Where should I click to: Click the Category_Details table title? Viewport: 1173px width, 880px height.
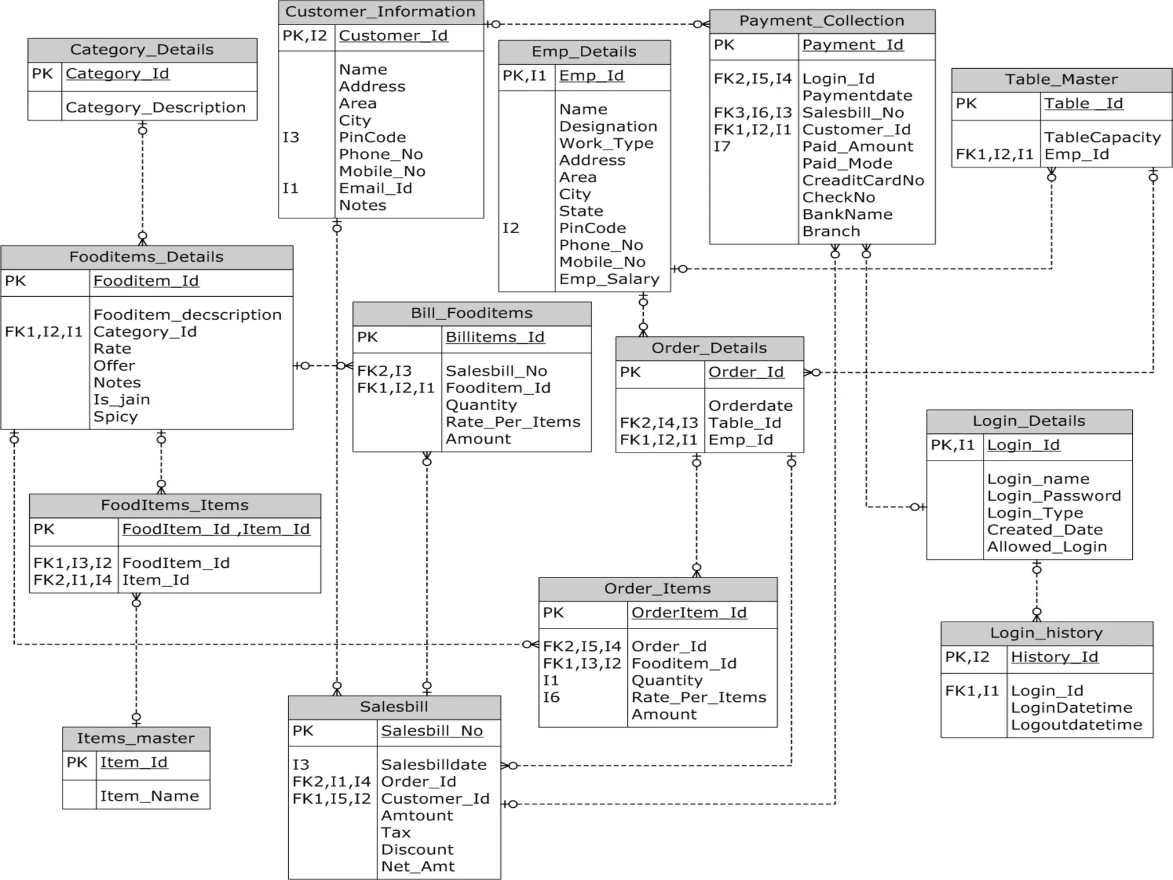(x=142, y=50)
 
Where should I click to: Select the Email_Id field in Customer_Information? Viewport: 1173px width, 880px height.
(x=375, y=188)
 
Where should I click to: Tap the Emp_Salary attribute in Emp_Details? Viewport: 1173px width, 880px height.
(x=609, y=279)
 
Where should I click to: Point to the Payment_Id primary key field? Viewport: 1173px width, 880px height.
(x=852, y=45)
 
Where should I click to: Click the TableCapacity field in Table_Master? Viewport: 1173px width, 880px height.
(x=1102, y=137)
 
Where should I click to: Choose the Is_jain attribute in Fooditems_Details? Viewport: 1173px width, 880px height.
(x=121, y=399)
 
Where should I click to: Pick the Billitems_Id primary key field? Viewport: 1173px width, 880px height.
(x=495, y=337)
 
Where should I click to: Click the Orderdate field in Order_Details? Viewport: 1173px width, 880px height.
(x=750, y=406)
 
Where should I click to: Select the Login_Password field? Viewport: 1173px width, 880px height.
(x=1053, y=496)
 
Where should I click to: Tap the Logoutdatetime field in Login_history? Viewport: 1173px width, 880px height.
(x=1076, y=725)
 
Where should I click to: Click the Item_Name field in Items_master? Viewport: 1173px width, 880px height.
(x=149, y=796)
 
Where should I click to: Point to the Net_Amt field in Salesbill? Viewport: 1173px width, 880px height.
(x=418, y=866)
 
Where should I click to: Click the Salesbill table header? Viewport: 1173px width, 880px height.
(x=394, y=706)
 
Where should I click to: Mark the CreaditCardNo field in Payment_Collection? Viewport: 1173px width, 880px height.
(x=863, y=180)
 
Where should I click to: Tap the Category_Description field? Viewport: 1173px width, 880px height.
(x=155, y=107)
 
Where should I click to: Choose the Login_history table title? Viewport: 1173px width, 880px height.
(x=1046, y=633)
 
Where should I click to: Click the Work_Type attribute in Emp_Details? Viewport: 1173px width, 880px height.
(x=606, y=143)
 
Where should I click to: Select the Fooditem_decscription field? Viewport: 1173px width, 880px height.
(x=187, y=315)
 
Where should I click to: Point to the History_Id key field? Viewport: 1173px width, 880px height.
(x=1054, y=657)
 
